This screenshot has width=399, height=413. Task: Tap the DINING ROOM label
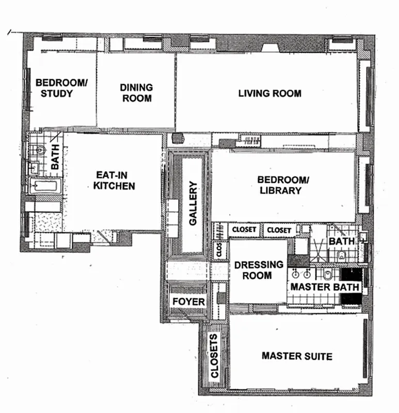point(136,92)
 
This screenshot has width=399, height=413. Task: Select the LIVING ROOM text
point(269,93)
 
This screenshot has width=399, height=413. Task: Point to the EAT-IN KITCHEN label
point(114,180)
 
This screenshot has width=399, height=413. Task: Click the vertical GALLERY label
point(193,203)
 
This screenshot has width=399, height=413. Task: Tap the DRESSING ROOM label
point(259,270)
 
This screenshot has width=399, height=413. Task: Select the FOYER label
point(188,301)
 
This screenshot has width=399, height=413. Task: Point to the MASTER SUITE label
point(296,356)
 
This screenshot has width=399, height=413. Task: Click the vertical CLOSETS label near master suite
point(215,356)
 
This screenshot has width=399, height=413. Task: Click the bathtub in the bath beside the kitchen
point(45,186)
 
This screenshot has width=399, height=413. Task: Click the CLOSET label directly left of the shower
point(279,230)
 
